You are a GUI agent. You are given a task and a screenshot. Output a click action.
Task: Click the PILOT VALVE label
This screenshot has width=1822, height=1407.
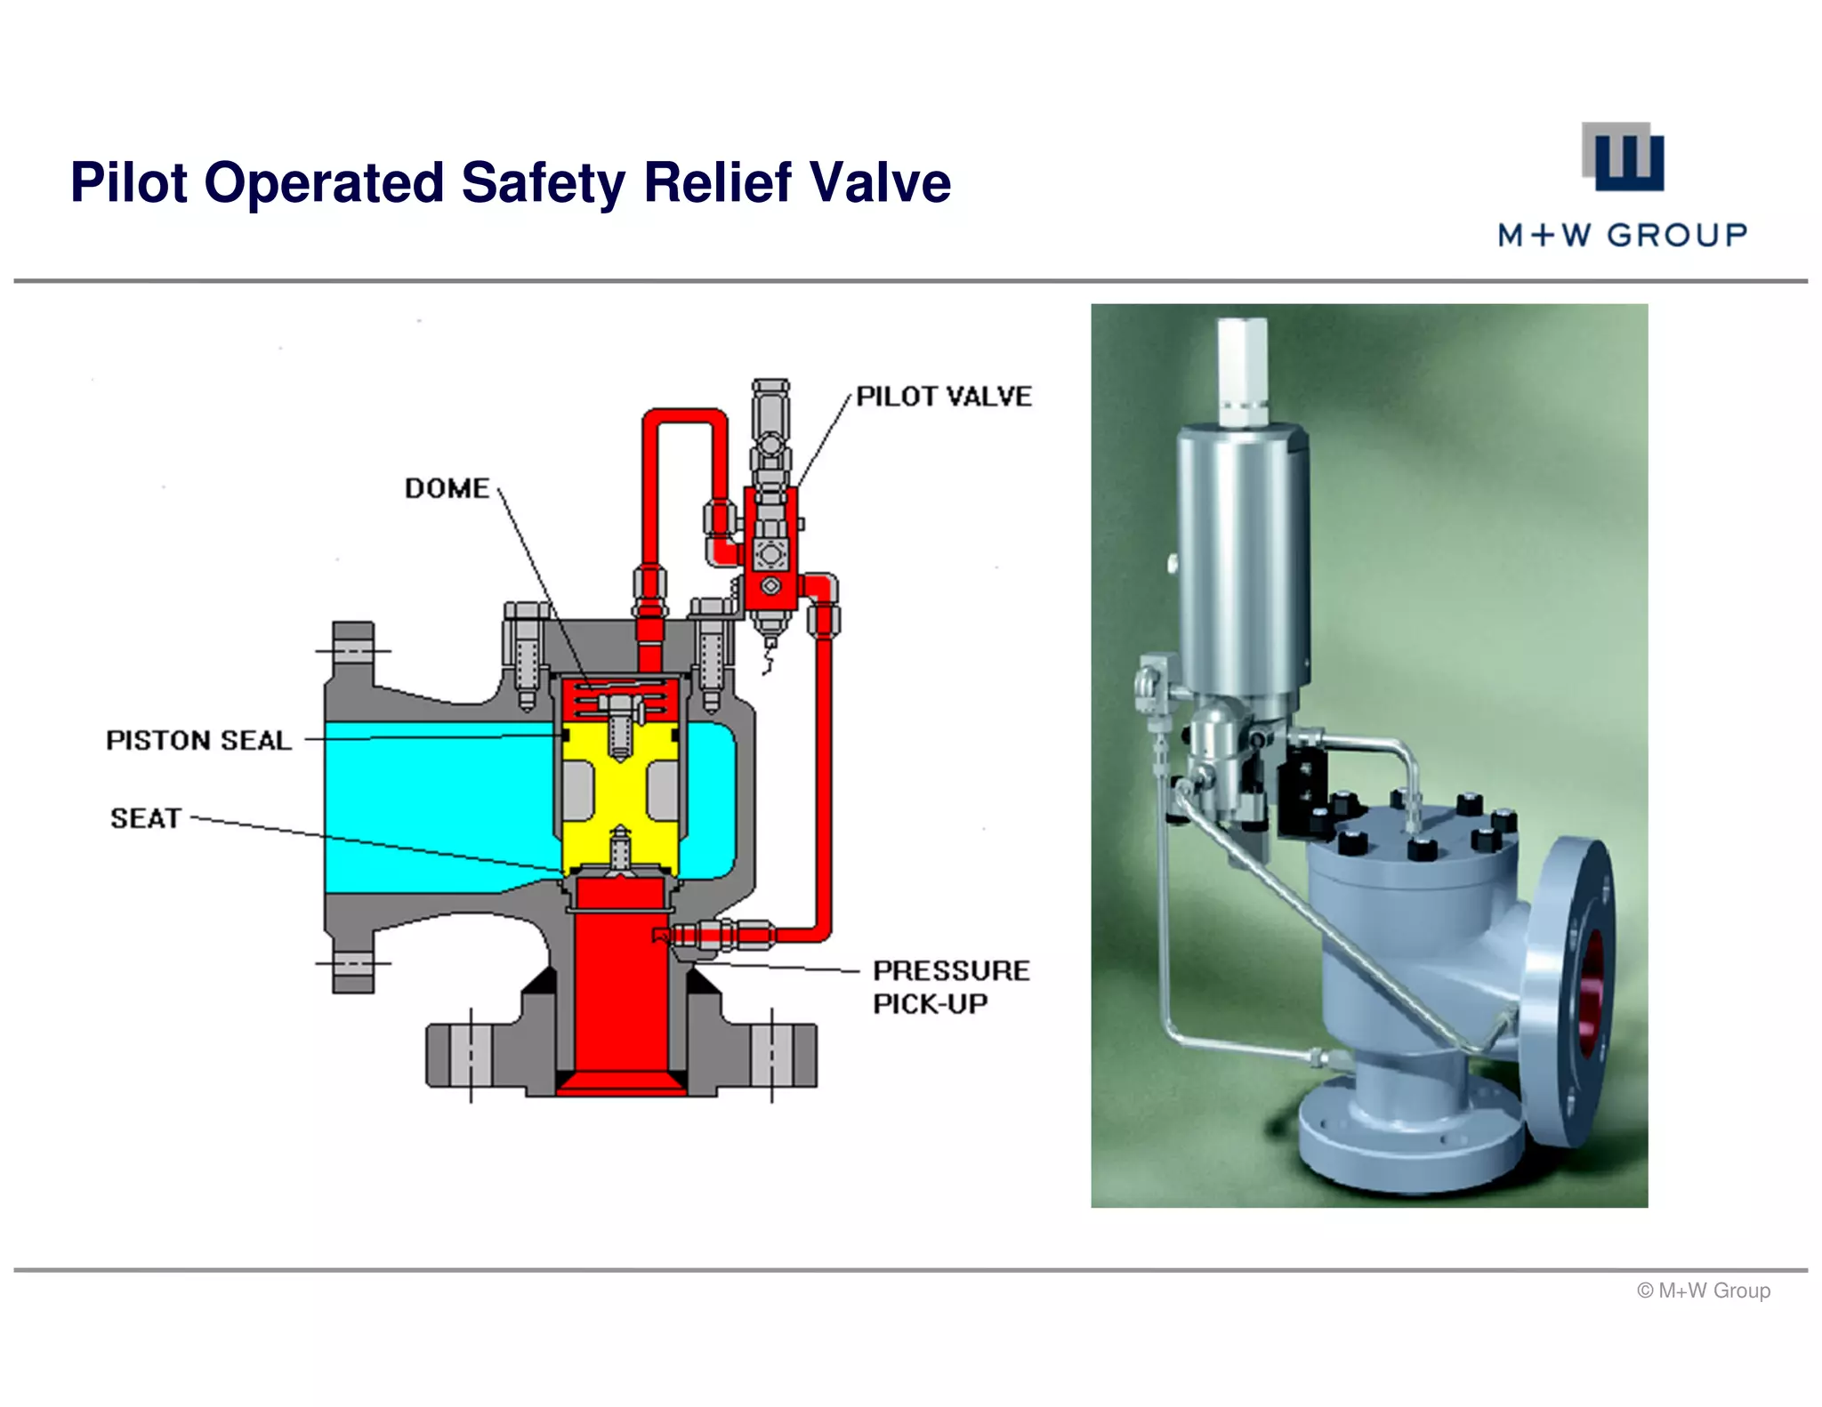click(x=944, y=397)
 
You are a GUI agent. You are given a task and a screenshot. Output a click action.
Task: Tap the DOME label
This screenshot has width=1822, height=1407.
click(x=447, y=488)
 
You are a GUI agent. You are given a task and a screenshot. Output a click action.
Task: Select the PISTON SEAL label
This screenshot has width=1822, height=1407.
click(x=198, y=740)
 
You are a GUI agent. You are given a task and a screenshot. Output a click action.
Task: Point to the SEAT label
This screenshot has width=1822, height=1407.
click(x=146, y=818)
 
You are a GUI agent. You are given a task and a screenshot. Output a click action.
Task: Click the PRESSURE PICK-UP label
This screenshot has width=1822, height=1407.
click(x=950, y=986)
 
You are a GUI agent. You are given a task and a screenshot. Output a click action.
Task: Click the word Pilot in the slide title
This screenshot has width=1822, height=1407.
click(x=129, y=183)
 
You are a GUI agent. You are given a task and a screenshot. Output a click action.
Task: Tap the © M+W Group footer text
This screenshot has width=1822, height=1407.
click(x=1703, y=1290)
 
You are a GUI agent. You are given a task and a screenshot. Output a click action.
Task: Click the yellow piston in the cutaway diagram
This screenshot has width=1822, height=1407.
click(x=620, y=792)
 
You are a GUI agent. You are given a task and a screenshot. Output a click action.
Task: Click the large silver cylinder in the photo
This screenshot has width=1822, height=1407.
click(x=1242, y=560)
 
